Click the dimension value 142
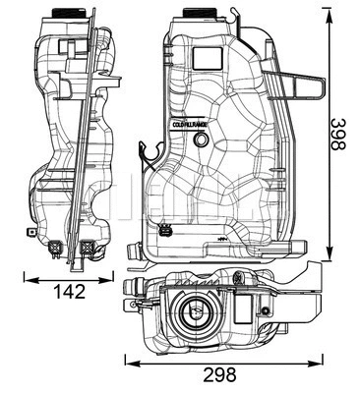pos(69,291)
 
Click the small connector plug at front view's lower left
pos(163,233)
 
